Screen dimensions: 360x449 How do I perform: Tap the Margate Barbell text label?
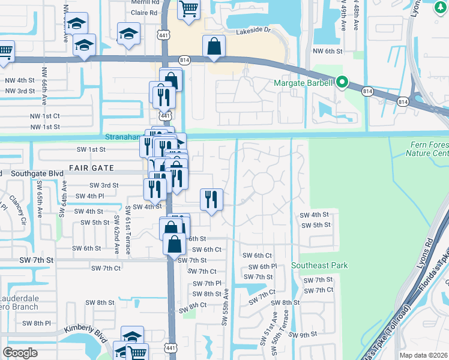coord(303,83)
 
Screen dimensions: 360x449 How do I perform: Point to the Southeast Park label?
coord(319,265)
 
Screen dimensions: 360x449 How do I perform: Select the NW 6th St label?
coord(327,52)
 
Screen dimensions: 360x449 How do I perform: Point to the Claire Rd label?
coord(145,12)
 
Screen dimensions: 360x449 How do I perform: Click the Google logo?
coord(20,352)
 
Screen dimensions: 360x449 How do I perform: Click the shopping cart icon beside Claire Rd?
coord(188,10)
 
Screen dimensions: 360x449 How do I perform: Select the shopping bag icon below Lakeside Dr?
coord(214,46)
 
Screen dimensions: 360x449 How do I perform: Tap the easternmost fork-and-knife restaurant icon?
coord(211,199)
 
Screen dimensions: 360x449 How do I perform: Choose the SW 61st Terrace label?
coord(128,230)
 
